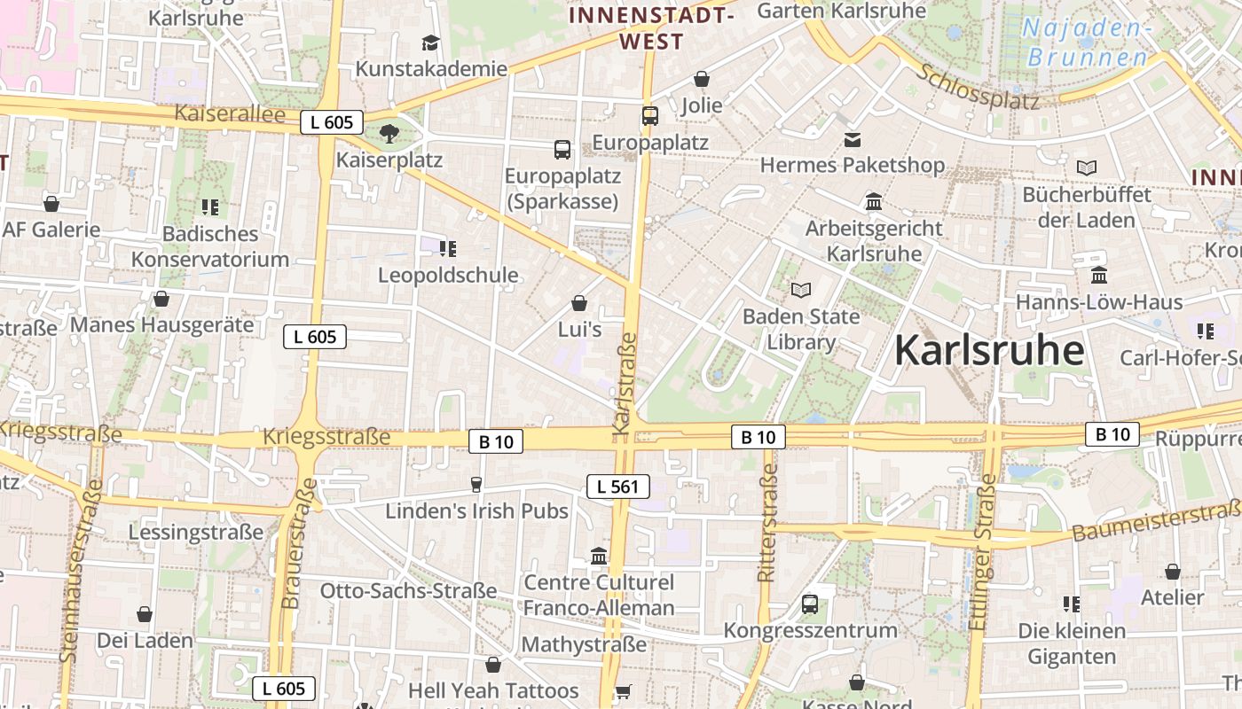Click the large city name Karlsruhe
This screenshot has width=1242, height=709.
(x=988, y=351)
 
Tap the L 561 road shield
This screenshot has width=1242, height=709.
(x=618, y=486)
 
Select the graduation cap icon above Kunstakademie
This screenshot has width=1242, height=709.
(x=430, y=43)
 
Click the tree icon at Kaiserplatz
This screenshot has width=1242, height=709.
(x=389, y=134)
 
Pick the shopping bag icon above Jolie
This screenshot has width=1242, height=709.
(x=702, y=79)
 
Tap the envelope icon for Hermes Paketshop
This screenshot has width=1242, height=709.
(x=853, y=139)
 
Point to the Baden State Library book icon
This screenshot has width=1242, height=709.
(x=801, y=290)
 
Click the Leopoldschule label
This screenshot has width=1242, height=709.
(x=448, y=275)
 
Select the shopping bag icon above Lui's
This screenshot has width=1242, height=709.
(x=579, y=303)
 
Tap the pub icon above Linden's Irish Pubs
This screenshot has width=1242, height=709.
(x=476, y=484)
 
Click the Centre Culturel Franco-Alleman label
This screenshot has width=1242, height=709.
(x=599, y=596)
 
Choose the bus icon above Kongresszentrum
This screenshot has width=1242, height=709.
(x=810, y=604)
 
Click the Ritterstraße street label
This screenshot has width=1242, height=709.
(x=767, y=524)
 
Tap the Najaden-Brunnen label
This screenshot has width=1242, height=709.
(x=1087, y=43)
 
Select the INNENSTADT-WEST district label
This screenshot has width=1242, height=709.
(x=652, y=27)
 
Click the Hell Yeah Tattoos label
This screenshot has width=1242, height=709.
(x=493, y=690)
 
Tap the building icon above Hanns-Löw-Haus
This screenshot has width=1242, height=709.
(x=1099, y=276)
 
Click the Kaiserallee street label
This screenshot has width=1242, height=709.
(x=230, y=113)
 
